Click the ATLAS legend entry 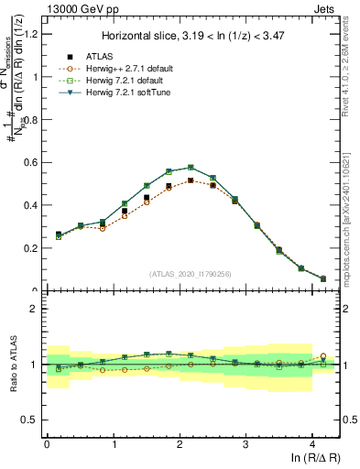point(100,56)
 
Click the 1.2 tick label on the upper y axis point(29,35)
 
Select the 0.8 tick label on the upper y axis point(29,120)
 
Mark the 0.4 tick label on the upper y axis point(29,205)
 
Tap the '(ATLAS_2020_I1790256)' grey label point(191,273)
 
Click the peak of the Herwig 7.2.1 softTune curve point(191,167)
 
